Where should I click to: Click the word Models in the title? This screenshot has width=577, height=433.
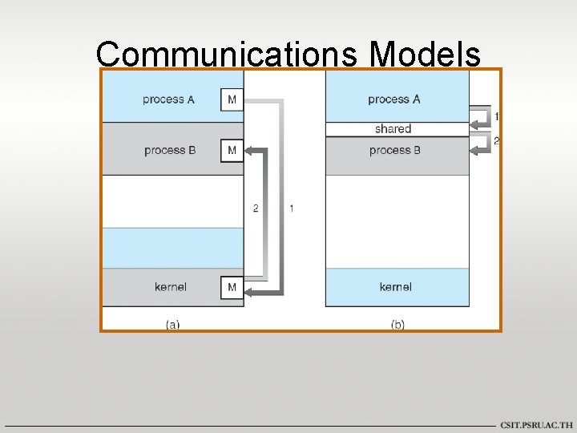425,55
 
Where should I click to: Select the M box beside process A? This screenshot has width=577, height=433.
232,99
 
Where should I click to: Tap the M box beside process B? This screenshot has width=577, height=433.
232,150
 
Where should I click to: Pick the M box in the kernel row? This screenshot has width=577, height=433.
232,287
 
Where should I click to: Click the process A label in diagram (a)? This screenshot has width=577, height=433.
168,99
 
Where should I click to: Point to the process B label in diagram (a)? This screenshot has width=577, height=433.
170,150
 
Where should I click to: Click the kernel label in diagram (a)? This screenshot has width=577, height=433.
171,287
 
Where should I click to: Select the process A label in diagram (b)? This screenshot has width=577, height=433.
393,99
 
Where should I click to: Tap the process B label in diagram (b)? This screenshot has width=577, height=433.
395,150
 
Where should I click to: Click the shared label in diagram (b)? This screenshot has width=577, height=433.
393,128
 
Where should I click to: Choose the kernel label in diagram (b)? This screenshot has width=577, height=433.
396,287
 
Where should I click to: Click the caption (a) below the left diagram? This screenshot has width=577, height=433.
172,325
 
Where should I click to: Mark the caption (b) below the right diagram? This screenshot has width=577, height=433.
397,325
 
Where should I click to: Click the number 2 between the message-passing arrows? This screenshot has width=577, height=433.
256,208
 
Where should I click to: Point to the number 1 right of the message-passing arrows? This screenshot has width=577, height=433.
291,208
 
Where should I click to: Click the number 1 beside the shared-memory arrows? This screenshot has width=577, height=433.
497,117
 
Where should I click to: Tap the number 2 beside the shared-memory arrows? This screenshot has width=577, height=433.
497,141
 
